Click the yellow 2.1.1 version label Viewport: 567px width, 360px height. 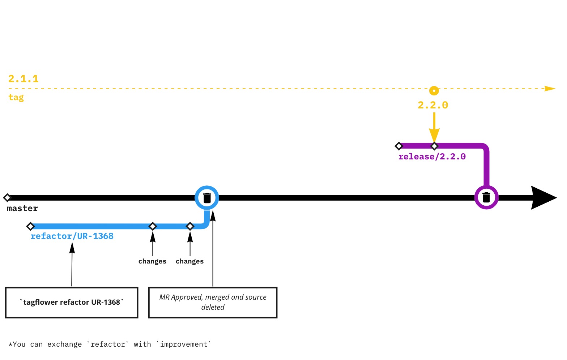click(x=24, y=79)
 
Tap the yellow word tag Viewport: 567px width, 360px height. click(x=16, y=98)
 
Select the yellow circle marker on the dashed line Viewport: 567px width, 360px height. click(x=434, y=90)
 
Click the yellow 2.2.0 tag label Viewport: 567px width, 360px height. click(x=433, y=105)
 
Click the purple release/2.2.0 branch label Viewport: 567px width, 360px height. click(x=432, y=157)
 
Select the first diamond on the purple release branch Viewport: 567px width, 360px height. click(x=399, y=146)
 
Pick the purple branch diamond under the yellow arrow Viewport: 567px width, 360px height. click(x=434, y=146)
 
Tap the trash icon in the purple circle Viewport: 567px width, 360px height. click(x=486, y=197)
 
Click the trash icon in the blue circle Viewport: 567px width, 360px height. click(x=207, y=198)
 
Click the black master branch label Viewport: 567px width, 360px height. click(x=22, y=209)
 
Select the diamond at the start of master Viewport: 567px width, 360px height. click(x=7, y=198)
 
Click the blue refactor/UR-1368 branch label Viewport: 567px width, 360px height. click(x=72, y=236)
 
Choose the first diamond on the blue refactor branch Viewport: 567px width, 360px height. click(x=30, y=227)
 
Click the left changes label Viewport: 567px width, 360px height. click(x=152, y=261)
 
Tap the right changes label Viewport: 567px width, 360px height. click(x=189, y=261)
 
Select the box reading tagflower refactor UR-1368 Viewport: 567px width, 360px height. click(x=72, y=303)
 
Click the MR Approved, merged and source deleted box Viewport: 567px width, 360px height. click(x=213, y=303)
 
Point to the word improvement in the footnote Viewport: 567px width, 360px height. click(x=184, y=344)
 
